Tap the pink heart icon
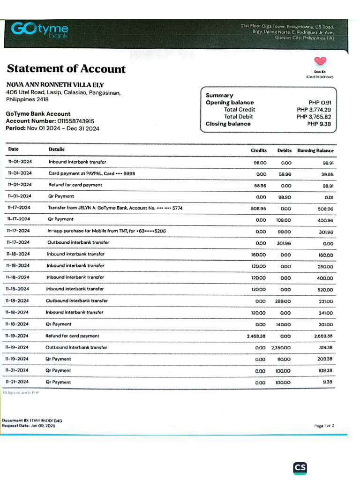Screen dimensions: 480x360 tap(320, 61)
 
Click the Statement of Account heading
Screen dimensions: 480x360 tap(66, 69)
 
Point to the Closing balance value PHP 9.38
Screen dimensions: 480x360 tap(319, 124)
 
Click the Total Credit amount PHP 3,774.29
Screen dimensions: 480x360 tap(314, 110)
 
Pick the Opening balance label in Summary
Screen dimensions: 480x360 tap(230, 103)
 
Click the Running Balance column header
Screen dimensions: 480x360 tap(315, 150)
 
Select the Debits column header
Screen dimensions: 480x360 tap(284, 150)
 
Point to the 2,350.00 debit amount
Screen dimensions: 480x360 tap(281, 348)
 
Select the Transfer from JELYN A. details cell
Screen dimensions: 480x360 tap(115, 208)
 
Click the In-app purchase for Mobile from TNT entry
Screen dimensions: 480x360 tap(106, 231)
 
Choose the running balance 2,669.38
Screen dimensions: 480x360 tap(323, 336)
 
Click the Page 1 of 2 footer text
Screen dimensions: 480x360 tap(324, 426)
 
